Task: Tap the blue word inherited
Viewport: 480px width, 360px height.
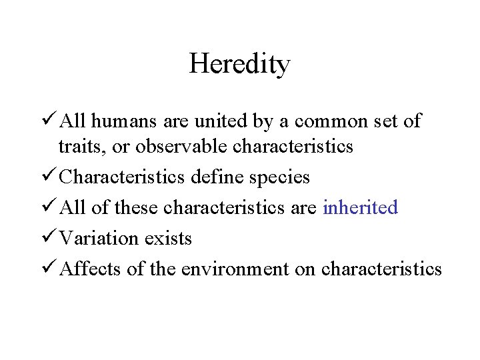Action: coord(360,207)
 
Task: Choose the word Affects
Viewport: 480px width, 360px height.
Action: coord(89,268)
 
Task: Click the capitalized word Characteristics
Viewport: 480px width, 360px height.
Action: coord(123,177)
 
